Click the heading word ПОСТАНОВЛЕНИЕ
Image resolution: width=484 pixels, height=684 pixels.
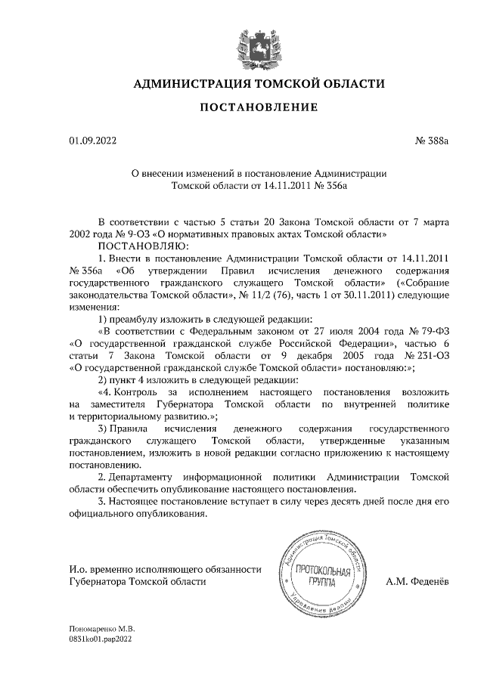click(x=259, y=108)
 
